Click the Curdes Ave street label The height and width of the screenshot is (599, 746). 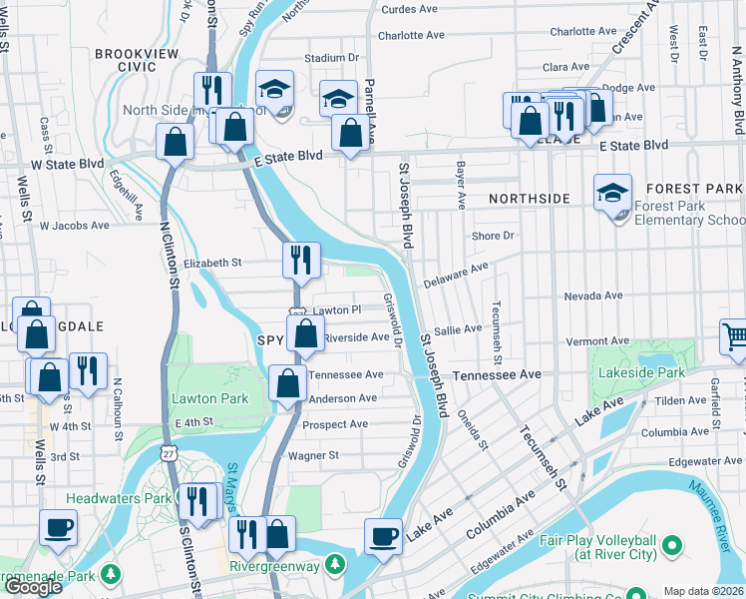click(409, 10)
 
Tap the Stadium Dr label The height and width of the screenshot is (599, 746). click(331, 59)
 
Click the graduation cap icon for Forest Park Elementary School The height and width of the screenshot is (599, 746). click(612, 191)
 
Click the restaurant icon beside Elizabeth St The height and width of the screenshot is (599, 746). click(301, 260)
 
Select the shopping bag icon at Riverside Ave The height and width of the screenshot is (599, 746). click(306, 333)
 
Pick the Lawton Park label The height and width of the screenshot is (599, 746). click(209, 398)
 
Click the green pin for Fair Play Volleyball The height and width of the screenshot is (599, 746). click(671, 546)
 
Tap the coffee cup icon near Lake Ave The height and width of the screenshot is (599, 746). click(383, 535)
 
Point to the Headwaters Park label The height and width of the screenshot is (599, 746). click(118, 498)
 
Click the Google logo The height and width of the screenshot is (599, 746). click(33, 587)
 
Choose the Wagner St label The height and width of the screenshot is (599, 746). click(313, 455)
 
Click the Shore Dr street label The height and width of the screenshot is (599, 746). click(493, 236)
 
